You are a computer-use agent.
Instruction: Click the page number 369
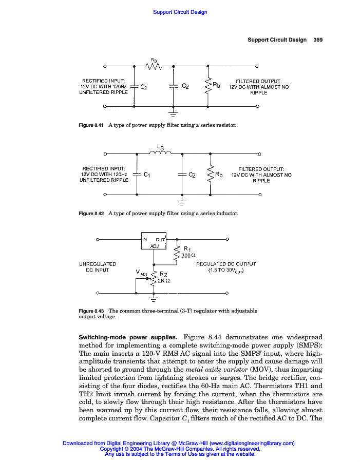(318, 40)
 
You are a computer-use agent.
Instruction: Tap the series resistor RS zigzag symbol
(154, 66)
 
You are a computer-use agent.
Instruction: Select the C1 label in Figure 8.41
(144, 87)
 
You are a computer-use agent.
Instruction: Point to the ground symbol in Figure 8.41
(173, 113)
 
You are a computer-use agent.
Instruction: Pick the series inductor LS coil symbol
(160, 152)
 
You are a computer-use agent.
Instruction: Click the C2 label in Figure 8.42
(192, 175)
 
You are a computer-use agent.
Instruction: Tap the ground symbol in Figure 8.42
(181, 201)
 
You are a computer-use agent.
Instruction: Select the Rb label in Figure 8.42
(219, 175)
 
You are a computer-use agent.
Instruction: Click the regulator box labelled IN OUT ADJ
(154, 242)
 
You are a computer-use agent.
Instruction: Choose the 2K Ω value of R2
(164, 281)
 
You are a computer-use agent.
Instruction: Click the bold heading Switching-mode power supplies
(128, 337)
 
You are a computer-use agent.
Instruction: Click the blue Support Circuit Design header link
(180, 12)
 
